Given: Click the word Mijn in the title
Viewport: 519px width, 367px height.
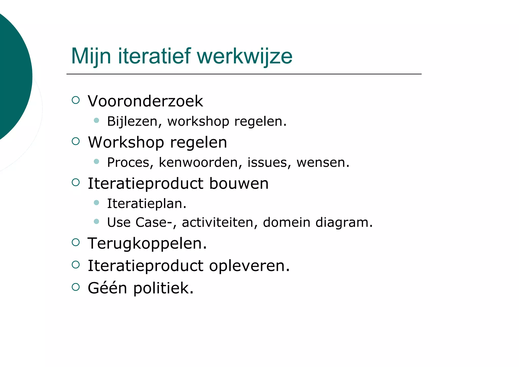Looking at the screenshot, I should click(x=91, y=56).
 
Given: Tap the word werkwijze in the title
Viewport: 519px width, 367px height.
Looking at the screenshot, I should click(x=245, y=56).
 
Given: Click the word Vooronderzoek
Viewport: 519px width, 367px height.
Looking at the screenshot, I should click(x=145, y=101).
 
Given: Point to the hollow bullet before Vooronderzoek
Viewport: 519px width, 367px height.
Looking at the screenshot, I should click(x=76, y=100).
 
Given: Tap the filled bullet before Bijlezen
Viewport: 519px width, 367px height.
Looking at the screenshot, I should click(x=96, y=120).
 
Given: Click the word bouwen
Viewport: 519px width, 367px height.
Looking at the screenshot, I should click(x=239, y=183).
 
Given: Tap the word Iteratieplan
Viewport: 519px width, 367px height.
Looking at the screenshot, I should click(x=146, y=203).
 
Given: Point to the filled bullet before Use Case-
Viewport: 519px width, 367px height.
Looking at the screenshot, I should click(x=96, y=221).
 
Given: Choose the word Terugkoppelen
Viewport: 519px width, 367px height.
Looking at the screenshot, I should click(x=147, y=243).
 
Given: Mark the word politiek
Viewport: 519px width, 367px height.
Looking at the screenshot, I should click(x=163, y=288).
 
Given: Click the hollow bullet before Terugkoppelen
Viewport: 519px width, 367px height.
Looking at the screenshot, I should click(x=76, y=242).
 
